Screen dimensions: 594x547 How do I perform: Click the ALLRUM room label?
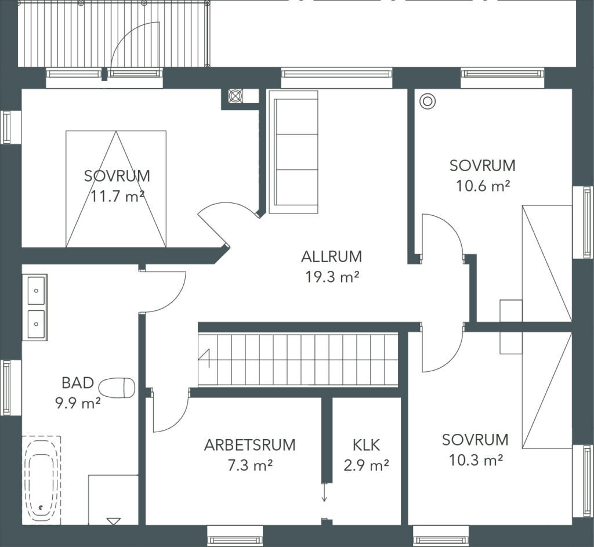pos(331,256)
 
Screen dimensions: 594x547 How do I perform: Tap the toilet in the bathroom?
pos(117,387)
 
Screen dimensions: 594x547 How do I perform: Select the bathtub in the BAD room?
pos(41,481)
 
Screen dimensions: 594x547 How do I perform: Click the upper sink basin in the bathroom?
pos(37,291)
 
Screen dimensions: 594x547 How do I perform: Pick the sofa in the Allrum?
pos(293,152)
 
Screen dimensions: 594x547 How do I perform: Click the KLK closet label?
pos(366,445)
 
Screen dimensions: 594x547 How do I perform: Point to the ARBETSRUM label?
pos(249,445)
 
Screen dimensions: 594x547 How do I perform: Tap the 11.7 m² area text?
pos(117,196)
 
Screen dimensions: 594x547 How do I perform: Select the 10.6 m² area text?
pos(482,186)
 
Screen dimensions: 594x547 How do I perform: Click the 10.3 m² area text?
pos(476,460)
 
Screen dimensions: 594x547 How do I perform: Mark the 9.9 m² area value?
pos(78,403)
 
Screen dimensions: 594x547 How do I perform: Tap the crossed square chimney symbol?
pos(236,96)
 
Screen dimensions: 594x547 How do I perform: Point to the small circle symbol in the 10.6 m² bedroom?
pos(428,101)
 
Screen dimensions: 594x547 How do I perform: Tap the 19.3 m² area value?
pos(332,277)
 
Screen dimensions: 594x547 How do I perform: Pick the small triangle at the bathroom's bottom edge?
pos(113,521)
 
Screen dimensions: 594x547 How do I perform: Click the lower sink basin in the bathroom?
pos(37,324)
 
